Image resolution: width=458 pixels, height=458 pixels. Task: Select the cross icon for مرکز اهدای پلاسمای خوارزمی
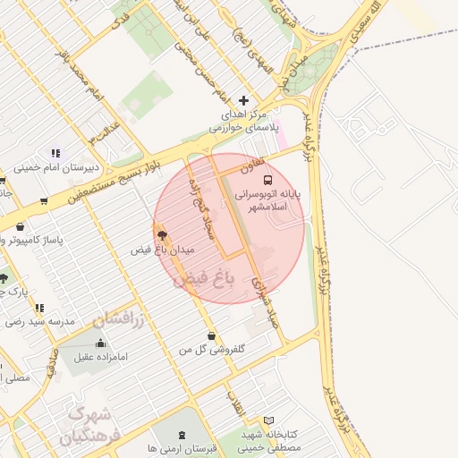point(243,100)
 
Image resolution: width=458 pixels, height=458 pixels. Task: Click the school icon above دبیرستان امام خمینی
point(56,153)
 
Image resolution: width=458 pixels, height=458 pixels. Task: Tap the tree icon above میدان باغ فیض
point(161,233)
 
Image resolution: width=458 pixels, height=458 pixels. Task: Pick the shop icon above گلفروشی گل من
point(211,335)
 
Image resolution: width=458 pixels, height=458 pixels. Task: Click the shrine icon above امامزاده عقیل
point(98,343)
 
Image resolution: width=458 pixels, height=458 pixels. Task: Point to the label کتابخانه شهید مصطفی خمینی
point(270,440)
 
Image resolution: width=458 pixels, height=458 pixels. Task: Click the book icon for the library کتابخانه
point(269,420)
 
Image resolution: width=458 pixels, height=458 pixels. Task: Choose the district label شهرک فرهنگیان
point(87,426)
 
